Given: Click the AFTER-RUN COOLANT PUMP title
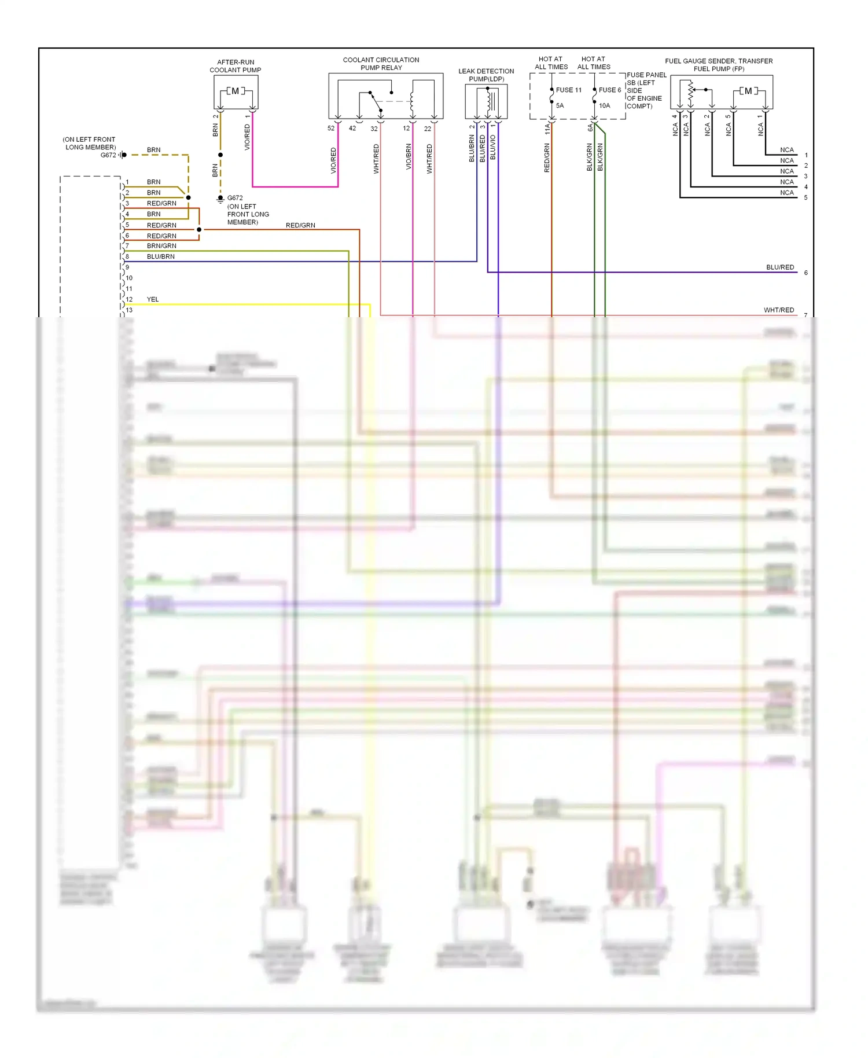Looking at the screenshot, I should [x=236, y=66].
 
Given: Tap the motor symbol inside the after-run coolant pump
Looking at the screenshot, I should [x=236, y=91].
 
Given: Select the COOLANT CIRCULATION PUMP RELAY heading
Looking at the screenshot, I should [x=381, y=64].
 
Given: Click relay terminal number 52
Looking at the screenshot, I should [x=331, y=128].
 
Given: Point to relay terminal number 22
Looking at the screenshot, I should [x=428, y=128].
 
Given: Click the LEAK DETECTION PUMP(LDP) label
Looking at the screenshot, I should [x=486, y=75].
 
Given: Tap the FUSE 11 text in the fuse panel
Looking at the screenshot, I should [x=568, y=90].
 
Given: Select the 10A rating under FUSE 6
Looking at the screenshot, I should [x=605, y=106].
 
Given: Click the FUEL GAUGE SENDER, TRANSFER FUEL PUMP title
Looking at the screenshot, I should [x=719, y=65].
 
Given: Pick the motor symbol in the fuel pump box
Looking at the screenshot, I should [x=748, y=91].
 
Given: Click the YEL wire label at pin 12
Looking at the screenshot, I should [x=153, y=299].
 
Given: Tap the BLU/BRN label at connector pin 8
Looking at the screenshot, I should [x=161, y=256].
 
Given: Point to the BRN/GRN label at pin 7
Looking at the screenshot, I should [x=161, y=246].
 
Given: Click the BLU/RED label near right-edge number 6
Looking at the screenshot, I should [x=780, y=267].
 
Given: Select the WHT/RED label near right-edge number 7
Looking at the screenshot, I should [x=779, y=310].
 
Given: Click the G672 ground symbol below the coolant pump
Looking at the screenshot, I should [x=220, y=199].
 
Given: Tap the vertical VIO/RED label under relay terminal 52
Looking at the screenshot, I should [x=333, y=160].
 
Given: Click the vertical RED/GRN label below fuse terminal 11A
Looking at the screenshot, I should [x=547, y=157].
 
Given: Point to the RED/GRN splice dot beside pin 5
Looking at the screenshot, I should [x=199, y=230].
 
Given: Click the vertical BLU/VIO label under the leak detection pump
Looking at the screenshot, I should [x=493, y=148].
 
